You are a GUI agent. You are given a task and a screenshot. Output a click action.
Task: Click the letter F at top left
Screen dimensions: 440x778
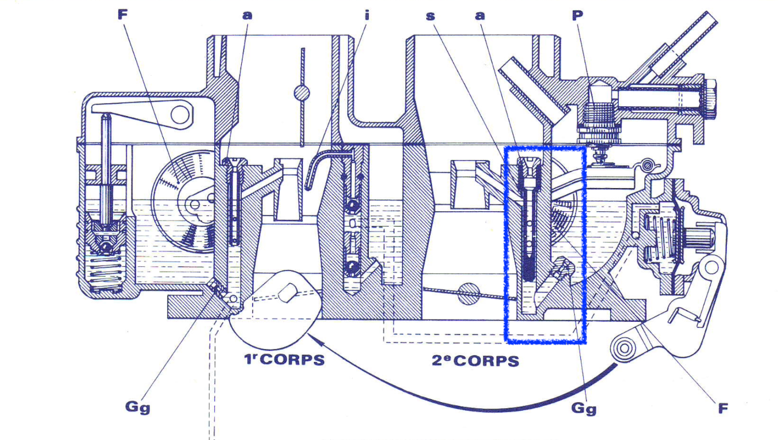pyautogui.click(x=123, y=15)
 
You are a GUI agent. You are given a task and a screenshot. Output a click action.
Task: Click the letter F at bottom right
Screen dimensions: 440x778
pyautogui.click(x=723, y=408)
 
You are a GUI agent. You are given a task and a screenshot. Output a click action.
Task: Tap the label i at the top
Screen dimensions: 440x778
pyautogui.click(x=366, y=15)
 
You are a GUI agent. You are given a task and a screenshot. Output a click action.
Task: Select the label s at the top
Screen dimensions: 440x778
pyautogui.click(x=431, y=15)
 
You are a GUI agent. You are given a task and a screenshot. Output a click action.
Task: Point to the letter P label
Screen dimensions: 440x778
pyautogui.click(x=577, y=15)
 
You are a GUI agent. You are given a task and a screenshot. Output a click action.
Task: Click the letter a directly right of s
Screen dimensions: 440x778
pyautogui.click(x=480, y=15)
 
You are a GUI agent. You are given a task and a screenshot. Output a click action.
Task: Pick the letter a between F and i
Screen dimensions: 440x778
pyautogui.click(x=247, y=15)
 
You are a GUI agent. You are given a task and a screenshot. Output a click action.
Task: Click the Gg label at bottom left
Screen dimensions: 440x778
pyautogui.click(x=138, y=408)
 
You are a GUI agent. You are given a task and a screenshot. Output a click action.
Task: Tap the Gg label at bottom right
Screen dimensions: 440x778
pyautogui.click(x=584, y=409)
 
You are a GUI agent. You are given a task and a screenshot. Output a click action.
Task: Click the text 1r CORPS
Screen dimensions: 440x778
pyautogui.click(x=284, y=360)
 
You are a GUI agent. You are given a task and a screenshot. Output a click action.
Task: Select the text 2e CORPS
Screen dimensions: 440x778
pyautogui.click(x=475, y=361)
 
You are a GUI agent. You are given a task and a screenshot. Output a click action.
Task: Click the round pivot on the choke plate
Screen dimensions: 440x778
pyautogui.click(x=301, y=93)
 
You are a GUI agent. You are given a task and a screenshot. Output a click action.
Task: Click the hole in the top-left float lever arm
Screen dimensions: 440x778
pyautogui.click(x=179, y=114)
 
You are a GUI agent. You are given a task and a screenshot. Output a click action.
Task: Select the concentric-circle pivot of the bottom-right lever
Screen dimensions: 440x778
pyautogui.click(x=624, y=348)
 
